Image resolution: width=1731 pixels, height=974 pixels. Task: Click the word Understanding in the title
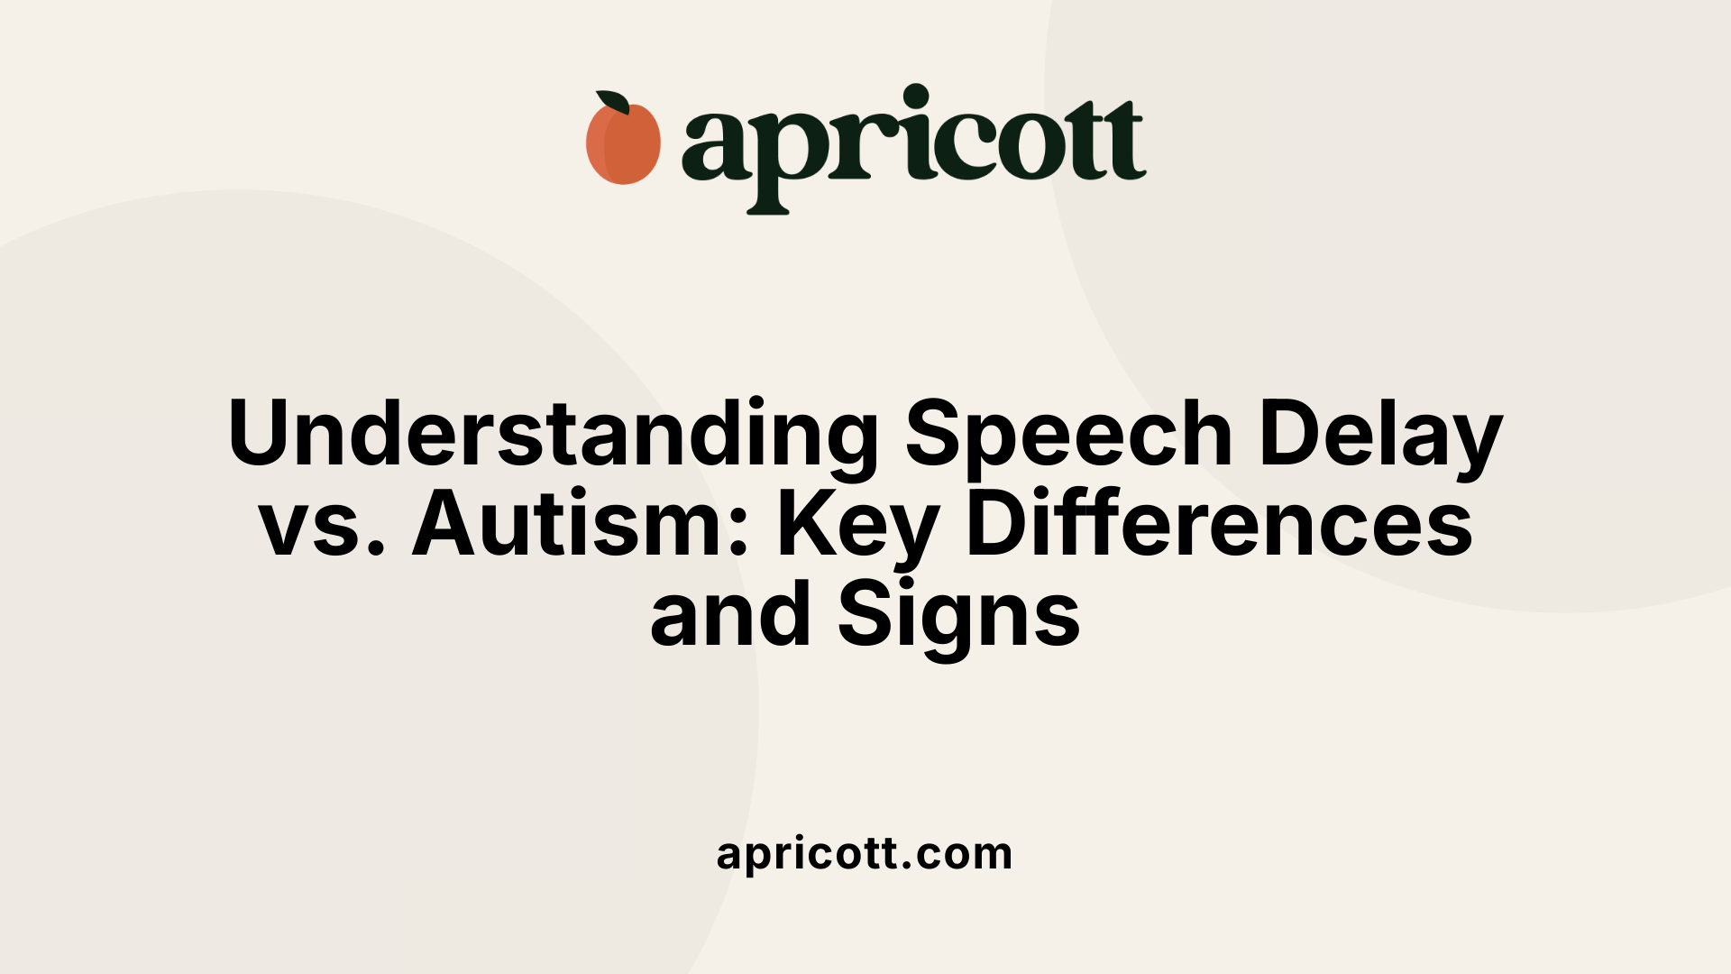pyautogui.click(x=553, y=434)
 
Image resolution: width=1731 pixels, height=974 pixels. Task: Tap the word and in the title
pyautogui.click(x=730, y=614)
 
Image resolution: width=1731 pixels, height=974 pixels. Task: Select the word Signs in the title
pyautogui.click(x=959, y=616)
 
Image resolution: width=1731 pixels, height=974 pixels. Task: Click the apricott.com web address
pyautogui.click(x=865, y=853)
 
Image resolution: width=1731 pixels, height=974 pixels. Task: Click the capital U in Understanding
pyautogui.click(x=262, y=433)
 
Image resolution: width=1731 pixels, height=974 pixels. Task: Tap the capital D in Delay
pyautogui.click(x=1292, y=433)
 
